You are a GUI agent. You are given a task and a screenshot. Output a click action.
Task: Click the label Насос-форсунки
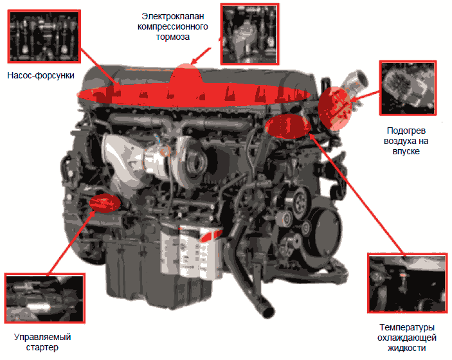click(x=41, y=75)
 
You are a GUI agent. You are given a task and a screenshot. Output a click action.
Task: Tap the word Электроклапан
click(x=173, y=17)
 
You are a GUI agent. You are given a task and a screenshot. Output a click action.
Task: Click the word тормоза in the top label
click(x=173, y=37)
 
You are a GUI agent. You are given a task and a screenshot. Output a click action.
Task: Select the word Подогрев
click(x=406, y=131)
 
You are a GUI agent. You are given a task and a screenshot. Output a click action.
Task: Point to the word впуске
click(x=406, y=152)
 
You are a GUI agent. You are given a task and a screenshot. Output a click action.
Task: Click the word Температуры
click(x=407, y=328)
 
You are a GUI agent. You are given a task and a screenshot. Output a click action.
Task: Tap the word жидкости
click(x=407, y=348)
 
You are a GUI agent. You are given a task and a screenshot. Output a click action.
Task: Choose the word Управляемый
click(x=42, y=337)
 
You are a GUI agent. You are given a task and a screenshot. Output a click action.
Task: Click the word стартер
click(x=42, y=348)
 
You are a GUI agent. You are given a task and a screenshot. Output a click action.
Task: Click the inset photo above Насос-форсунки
click(x=44, y=36)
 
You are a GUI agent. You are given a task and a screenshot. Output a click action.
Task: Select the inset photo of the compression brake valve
click(x=249, y=34)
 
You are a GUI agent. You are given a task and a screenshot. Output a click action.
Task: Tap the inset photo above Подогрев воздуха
click(x=408, y=88)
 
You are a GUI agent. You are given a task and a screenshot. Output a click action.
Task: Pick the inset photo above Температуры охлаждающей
click(x=408, y=283)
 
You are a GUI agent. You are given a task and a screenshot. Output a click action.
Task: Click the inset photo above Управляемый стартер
click(x=44, y=298)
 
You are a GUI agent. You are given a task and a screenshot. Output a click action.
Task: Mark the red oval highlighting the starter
click(x=105, y=203)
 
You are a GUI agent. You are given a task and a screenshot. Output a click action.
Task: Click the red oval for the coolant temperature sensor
click(x=288, y=126)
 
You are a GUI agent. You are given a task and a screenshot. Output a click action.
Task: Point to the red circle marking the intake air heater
click(x=335, y=109)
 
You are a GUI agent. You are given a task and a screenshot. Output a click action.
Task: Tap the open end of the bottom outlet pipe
click(x=267, y=312)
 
